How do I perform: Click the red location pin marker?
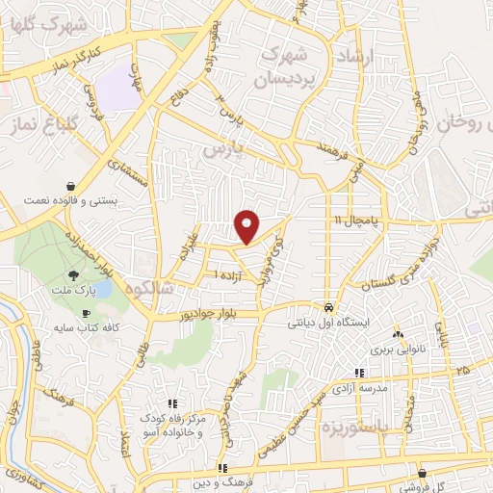tap(248, 225)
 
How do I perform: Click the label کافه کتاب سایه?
tap(85, 329)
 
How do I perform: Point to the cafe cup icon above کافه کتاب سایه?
tap(85, 314)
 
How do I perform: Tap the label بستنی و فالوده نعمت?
tap(71, 202)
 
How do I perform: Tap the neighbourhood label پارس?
tap(221, 151)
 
